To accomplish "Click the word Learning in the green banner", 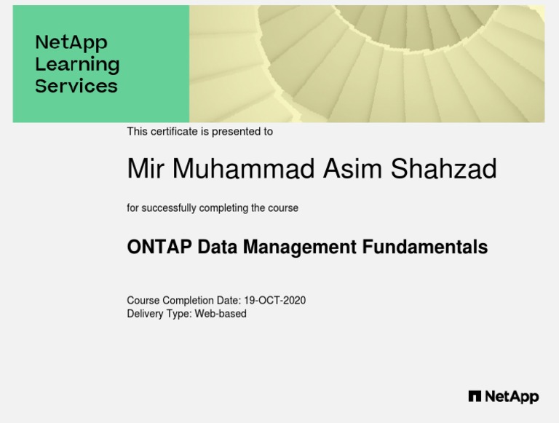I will [77, 65].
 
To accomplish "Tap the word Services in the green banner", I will [76, 86].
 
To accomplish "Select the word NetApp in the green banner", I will [71, 42].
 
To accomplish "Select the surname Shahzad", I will [444, 170].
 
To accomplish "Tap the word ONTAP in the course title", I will [159, 248].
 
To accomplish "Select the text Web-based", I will [221, 314].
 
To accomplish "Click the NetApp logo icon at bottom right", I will [475, 397].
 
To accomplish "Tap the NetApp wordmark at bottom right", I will [512, 397].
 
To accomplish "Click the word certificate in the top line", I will [174, 132].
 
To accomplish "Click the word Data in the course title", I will [217, 248].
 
